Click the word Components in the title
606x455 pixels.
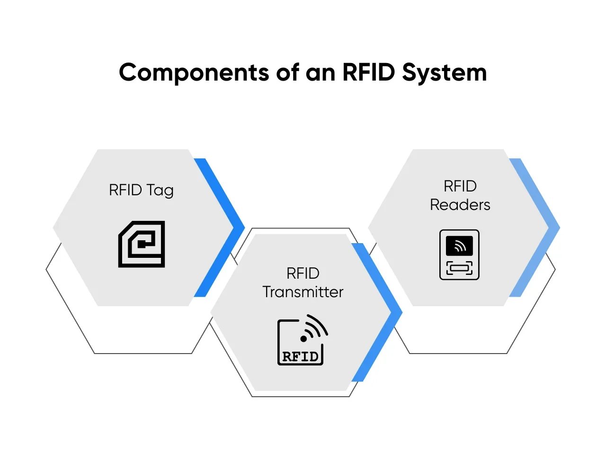click(x=194, y=73)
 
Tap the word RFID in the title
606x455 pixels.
click(x=368, y=73)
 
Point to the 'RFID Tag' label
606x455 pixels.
click(x=141, y=190)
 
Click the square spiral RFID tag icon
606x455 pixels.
click(x=142, y=244)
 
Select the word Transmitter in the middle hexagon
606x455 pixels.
click(x=303, y=292)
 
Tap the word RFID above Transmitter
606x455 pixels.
click(x=303, y=273)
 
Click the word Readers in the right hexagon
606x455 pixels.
click(x=460, y=205)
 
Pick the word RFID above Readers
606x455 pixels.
click(x=460, y=186)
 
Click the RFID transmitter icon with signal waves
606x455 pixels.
click(x=302, y=340)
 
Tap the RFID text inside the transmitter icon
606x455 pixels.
click(x=300, y=357)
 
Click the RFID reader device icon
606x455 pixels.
click(x=459, y=255)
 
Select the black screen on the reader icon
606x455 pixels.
click(x=459, y=246)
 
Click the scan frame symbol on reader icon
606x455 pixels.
click(x=459, y=268)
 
